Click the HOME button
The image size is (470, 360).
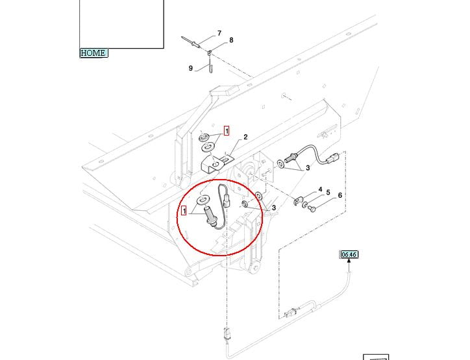click(x=93, y=53)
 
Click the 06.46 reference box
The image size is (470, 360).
click(x=349, y=255)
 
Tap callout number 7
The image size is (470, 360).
click(x=219, y=33)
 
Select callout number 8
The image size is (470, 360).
click(x=230, y=40)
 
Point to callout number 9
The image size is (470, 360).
click(x=191, y=69)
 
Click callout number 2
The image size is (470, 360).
click(x=246, y=137)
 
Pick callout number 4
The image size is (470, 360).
click(x=320, y=189)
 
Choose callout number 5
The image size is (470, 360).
click(x=328, y=193)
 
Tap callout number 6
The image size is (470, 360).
click(x=340, y=195)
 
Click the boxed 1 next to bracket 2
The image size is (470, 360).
click(x=227, y=131)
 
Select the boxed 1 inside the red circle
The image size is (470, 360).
click(x=185, y=211)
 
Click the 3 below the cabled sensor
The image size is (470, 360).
click(x=308, y=168)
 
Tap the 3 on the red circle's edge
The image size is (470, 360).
click(x=274, y=208)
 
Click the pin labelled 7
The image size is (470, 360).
click(x=194, y=41)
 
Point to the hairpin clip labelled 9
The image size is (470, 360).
click(x=211, y=65)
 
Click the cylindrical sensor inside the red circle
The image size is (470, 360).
click(x=212, y=217)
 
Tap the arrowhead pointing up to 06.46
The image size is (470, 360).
click(x=349, y=262)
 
